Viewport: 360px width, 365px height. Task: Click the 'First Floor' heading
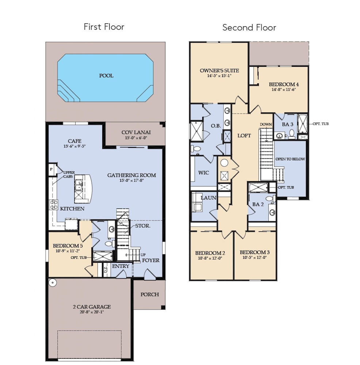104,27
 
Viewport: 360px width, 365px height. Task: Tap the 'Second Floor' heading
249,27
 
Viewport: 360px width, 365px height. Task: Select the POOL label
106,76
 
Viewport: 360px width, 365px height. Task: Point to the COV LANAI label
136,132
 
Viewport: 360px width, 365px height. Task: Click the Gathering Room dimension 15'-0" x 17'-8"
131,180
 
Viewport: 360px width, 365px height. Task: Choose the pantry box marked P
51,169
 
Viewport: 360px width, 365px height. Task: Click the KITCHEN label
72,208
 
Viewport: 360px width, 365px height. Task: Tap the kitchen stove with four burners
54,205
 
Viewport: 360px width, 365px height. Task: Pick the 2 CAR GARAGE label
92,307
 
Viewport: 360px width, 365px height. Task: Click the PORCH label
150,295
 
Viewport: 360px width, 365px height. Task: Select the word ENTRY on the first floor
120,266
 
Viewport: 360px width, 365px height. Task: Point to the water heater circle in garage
53,283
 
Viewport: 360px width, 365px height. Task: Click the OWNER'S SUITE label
219,70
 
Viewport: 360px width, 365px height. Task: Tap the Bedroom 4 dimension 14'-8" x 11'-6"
284,90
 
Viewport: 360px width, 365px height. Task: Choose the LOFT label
244,135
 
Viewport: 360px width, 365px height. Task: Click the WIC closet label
203,173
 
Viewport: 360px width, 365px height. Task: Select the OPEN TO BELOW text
290,159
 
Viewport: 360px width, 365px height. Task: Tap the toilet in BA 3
292,134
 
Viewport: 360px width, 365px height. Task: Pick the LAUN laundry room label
208,198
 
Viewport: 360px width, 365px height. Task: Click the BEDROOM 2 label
210,253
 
